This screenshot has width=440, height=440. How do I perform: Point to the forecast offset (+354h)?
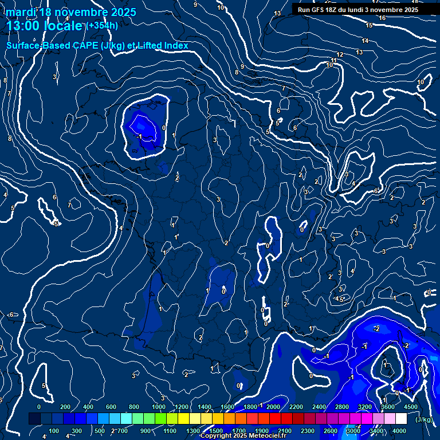(x=102, y=26)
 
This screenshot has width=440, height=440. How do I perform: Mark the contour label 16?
(x=382, y=18)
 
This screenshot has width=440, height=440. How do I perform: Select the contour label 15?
(x=370, y=26)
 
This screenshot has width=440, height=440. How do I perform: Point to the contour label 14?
(x=365, y=41)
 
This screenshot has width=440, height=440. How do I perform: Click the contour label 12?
(x=340, y=54)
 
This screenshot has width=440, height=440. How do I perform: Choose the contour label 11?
(x=334, y=60)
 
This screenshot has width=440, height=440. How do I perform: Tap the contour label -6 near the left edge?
(x=10, y=315)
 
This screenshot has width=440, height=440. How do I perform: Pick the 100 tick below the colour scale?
(x=54, y=431)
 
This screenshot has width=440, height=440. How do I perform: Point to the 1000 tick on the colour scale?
(x=159, y=407)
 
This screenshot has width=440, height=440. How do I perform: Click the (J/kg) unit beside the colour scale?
(x=424, y=419)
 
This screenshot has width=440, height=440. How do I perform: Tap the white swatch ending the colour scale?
(x=401, y=419)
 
